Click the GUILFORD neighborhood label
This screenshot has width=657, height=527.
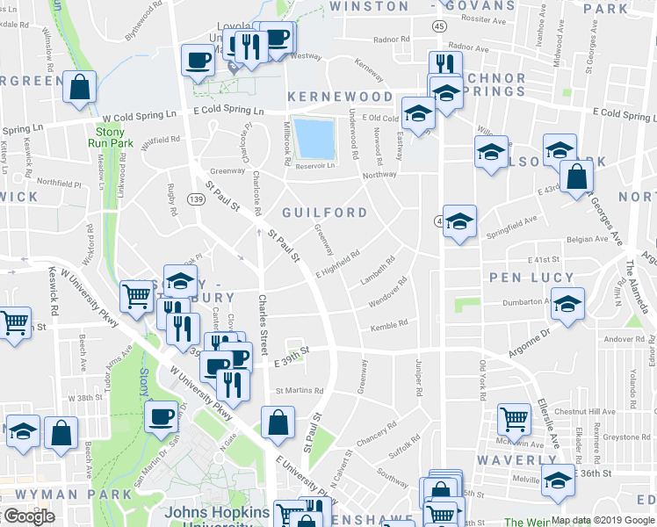click(x=325, y=213)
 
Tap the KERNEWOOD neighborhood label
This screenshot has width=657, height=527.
click(x=339, y=96)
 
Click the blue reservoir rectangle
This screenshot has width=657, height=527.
click(x=314, y=136)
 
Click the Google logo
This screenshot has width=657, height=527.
click(x=29, y=516)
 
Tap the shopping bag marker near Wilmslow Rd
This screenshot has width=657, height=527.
click(x=79, y=88)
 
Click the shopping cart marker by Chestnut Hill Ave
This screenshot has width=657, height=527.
click(x=514, y=419)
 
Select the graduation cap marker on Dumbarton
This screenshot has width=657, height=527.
click(x=568, y=304)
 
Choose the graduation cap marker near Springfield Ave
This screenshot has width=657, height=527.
click(x=458, y=221)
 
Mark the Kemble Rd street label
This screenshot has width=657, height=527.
click(x=390, y=324)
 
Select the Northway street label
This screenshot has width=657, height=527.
click(x=379, y=175)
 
